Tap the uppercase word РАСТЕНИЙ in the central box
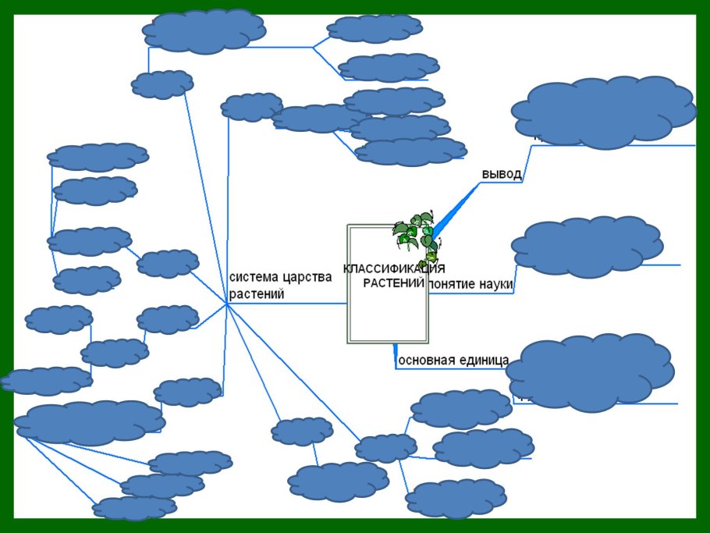(x=394, y=282)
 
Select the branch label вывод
(x=502, y=174)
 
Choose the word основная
(x=426, y=361)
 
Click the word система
(x=254, y=277)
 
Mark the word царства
(x=307, y=277)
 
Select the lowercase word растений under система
(x=257, y=294)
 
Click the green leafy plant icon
(x=415, y=234)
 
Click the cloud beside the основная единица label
(x=590, y=371)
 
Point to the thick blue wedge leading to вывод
(x=456, y=206)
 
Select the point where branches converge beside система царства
(x=227, y=304)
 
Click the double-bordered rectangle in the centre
(x=388, y=320)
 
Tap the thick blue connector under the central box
(x=396, y=355)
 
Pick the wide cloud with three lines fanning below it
(x=90, y=421)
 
